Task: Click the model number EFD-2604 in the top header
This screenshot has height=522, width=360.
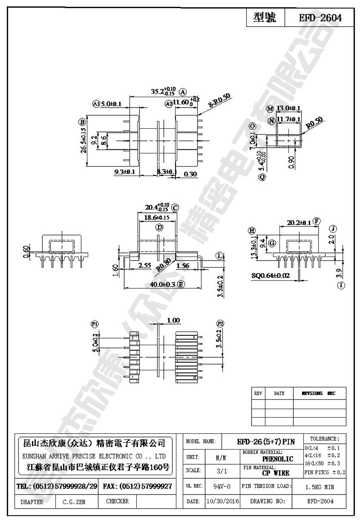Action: click(x=320, y=18)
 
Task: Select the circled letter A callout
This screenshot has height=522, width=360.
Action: click(x=183, y=91)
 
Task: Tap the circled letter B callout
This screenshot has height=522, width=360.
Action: click(x=82, y=121)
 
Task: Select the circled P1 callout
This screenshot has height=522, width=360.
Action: click(x=95, y=324)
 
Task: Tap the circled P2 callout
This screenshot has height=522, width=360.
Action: click(x=220, y=324)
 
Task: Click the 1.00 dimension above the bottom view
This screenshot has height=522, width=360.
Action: click(x=173, y=320)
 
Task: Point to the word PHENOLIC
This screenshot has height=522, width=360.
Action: click(x=278, y=459)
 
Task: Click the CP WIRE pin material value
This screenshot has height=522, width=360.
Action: click(x=275, y=473)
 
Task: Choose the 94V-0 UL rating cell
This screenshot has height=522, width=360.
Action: click(x=222, y=487)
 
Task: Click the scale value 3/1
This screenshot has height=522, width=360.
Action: click(x=221, y=471)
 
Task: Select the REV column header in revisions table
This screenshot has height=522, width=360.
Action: click(x=258, y=393)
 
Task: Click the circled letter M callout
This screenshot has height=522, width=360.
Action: click(x=270, y=109)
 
